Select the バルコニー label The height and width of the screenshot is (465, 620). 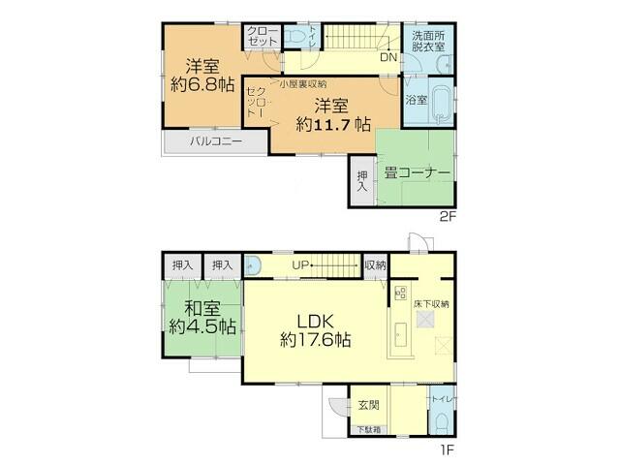pyautogui.click(x=215, y=141)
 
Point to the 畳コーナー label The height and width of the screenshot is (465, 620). pyautogui.click(x=418, y=172)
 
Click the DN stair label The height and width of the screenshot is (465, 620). pyautogui.click(x=387, y=57)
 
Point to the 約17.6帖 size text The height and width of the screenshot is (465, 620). pyautogui.click(x=316, y=341)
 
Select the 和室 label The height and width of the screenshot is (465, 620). pyautogui.click(x=201, y=309)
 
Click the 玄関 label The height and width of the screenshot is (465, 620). pyautogui.click(x=368, y=405)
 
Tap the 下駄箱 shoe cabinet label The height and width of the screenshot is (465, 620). pyautogui.click(x=368, y=428)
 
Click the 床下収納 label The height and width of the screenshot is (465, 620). pyautogui.click(x=432, y=304)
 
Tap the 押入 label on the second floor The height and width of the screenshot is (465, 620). pyautogui.click(x=361, y=181)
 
